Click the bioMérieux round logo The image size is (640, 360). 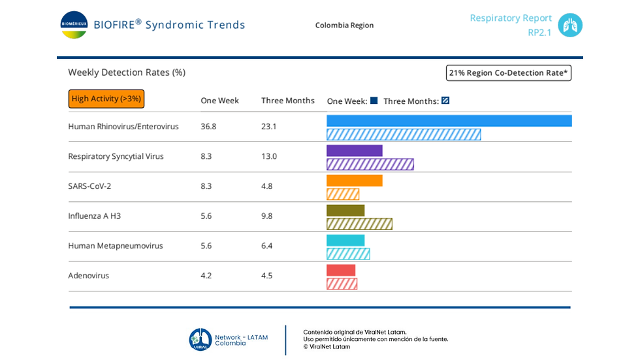click(74, 25)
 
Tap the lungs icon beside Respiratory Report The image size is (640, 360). click(569, 25)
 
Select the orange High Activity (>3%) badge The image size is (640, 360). click(106, 99)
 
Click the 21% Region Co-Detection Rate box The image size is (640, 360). click(508, 73)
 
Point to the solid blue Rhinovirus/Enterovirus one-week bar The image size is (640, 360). click(449, 121)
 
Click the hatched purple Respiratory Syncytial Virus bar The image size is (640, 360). click(370, 165)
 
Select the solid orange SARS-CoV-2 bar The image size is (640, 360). click(354, 180)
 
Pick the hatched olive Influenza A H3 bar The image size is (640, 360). click(360, 224)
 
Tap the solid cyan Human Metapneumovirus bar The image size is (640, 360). click(345, 240)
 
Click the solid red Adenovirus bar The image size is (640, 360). click(341, 270)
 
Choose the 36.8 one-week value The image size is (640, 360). click(208, 127)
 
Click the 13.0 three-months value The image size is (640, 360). click(269, 156)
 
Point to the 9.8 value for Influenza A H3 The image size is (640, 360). click(266, 216)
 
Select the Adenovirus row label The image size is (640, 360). click(89, 276)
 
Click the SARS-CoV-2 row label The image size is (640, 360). click(89, 186)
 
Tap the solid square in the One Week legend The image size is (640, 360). click(374, 101)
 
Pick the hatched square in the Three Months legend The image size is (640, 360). click(445, 101)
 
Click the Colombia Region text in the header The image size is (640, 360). click(344, 25)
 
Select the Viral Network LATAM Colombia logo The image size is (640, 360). click(228, 340)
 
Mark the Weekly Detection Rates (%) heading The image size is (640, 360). click(127, 73)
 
